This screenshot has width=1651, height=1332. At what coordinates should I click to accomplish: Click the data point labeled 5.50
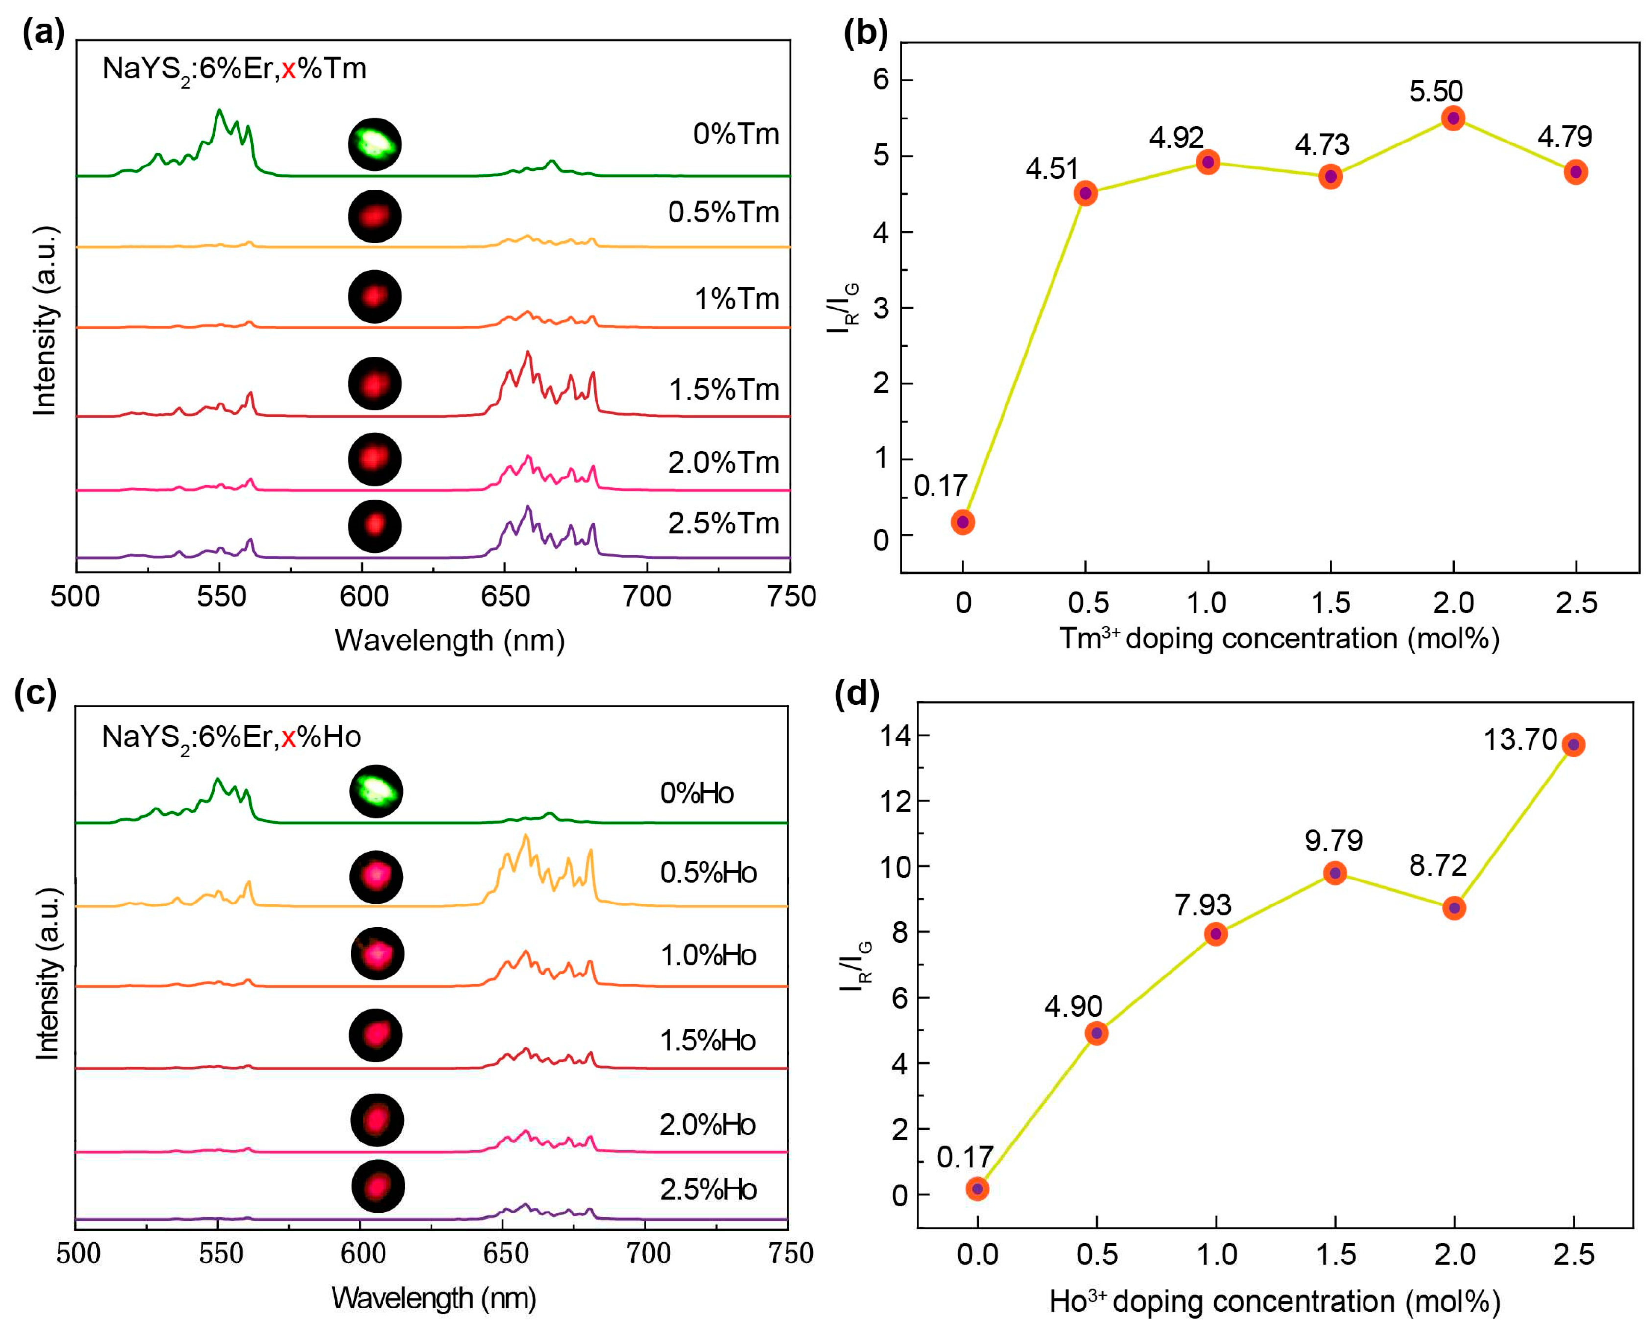[x=1453, y=118]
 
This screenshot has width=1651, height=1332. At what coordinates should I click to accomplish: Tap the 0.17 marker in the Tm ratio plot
[x=963, y=522]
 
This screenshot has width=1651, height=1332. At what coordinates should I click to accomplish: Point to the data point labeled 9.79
[x=1335, y=872]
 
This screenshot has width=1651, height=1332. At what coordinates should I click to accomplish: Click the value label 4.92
[x=1176, y=137]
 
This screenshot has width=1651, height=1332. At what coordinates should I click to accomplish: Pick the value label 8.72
[x=1438, y=865]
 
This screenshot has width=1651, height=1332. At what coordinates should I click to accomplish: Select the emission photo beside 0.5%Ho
[x=376, y=876]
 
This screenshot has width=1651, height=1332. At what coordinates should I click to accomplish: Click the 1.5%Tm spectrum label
[x=723, y=390]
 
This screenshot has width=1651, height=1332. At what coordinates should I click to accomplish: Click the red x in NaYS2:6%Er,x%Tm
[x=288, y=70]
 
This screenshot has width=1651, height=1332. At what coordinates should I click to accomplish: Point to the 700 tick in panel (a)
[x=647, y=596]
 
